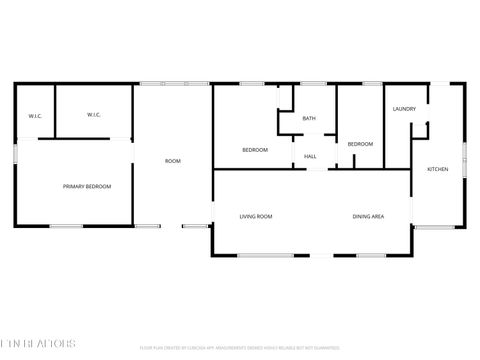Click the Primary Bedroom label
pos(87,187)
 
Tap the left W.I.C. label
pos(34,115)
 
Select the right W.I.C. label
pos(94,115)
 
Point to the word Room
pos(173,161)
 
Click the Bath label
pos(309,119)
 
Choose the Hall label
pos(310,156)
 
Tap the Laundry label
pos(404,109)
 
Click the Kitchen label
pos(438,169)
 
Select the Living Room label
pos(256,216)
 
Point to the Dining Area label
pos(368,216)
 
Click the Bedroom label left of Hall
pos(255,150)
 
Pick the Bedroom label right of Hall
pos(360,144)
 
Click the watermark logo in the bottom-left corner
pos(38,342)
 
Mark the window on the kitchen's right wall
pos(465,154)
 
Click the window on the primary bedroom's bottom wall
pos(67,226)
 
